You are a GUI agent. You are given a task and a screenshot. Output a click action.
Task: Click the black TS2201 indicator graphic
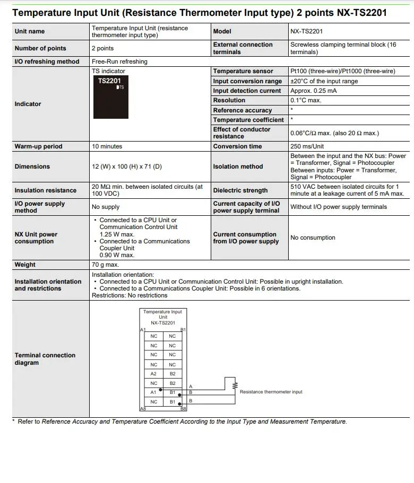(110, 97)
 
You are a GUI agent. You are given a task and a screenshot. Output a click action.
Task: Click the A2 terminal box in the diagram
(153, 374)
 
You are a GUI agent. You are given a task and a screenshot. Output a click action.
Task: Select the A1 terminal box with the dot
(153, 392)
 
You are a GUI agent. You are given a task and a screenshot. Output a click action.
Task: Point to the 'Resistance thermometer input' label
(271, 392)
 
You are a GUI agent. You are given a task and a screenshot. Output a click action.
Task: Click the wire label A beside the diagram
(191, 387)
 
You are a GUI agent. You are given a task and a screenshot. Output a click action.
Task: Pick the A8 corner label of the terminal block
(143, 409)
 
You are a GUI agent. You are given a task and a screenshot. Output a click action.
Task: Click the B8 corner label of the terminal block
(183, 409)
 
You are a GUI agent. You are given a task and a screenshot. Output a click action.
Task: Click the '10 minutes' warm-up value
(107, 146)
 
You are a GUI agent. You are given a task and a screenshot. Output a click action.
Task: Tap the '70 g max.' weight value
(105, 264)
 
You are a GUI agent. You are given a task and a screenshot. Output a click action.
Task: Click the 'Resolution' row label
(229, 100)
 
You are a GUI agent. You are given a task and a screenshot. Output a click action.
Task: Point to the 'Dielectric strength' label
(240, 190)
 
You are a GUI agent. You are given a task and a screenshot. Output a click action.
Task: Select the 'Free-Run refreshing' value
(119, 62)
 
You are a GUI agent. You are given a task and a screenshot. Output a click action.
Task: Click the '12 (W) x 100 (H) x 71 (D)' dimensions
(127, 166)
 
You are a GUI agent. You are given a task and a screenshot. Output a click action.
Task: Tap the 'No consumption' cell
(313, 238)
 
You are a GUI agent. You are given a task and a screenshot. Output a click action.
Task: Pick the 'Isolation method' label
(238, 166)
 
